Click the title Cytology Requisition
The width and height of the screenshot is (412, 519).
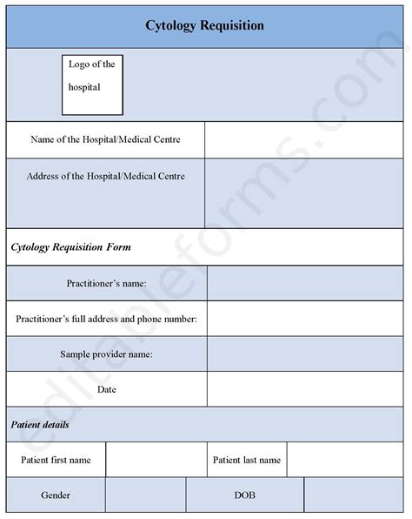[x=205, y=25]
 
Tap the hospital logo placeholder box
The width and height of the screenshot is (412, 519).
[x=91, y=84]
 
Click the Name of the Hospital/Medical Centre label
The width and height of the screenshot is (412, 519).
[x=105, y=139]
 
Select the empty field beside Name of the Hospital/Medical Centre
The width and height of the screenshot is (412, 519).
[x=305, y=140]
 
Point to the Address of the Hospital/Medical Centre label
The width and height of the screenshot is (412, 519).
[x=105, y=176]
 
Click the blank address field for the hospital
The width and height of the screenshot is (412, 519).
[x=305, y=192]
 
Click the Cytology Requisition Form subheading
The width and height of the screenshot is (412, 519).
[x=71, y=247]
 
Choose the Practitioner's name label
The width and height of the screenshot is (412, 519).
[x=106, y=284]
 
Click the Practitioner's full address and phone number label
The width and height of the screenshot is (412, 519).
[x=106, y=320]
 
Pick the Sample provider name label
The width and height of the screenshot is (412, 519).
[x=106, y=354]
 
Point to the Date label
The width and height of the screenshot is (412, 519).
[x=106, y=389]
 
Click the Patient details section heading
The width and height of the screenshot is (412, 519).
[x=41, y=425]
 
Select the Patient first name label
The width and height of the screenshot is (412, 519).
[x=56, y=460]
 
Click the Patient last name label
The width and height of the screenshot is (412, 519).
[x=246, y=460]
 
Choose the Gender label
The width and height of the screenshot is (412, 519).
[x=56, y=495]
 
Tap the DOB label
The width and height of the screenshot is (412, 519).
[x=244, y=495]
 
